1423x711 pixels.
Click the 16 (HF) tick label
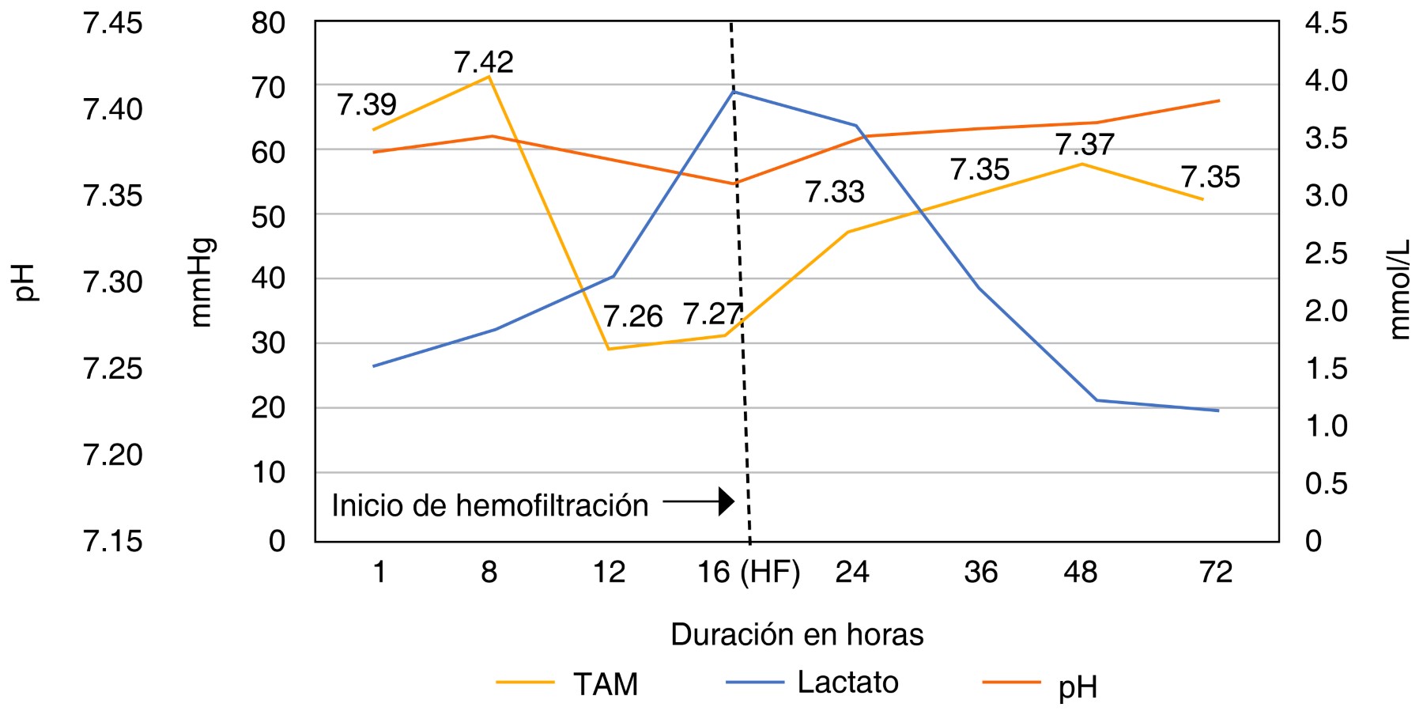tap(748, 572)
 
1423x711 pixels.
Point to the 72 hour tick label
tap(1215, 572)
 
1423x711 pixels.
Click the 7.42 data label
tap(483, 62)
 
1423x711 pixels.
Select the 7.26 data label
tap(632, 316)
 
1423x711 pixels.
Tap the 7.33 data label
tap(834, 191)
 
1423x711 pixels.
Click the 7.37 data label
tap(1085, 144)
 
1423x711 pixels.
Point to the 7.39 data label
tap(366, 104)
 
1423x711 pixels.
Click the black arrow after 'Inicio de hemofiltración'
tap(700, 501)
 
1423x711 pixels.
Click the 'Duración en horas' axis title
tap(797, 634)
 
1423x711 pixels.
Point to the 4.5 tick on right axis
tap(1326, 23)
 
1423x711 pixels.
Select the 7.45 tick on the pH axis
tap(113, 23)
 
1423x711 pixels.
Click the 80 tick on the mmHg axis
tap(268, 23)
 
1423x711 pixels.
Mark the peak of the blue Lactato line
tap(734, 92)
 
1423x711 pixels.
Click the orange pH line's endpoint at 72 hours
tap(1219, 100)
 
